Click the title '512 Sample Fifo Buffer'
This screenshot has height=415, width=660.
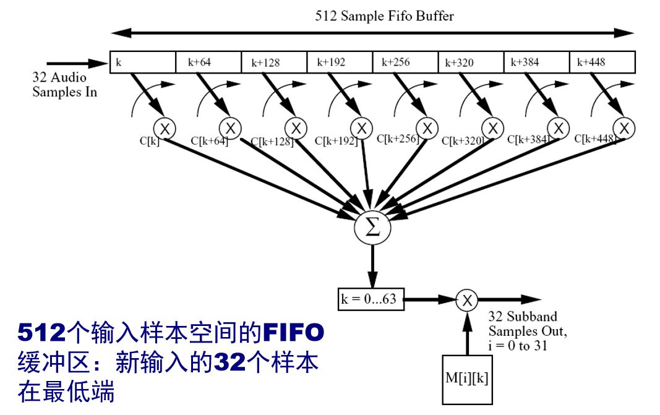(x=384, y=15)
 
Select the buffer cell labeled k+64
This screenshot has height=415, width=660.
(x=208, y=62)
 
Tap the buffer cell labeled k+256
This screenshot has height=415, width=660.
(x=405, y=62)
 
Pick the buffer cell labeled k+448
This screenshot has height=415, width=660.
(x=604, y=62)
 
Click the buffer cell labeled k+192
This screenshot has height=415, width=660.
(x=339, y=62)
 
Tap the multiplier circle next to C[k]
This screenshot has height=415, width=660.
(x=165, y=129)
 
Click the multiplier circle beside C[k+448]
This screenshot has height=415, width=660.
(x=624, y=128)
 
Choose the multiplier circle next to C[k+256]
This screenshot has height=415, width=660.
(x=427, y=128)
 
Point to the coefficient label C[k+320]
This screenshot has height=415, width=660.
(x=462, y=141)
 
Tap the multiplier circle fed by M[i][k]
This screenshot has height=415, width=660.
(x=467, y=300)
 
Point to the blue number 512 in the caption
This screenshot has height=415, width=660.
(x=41, y=333)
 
